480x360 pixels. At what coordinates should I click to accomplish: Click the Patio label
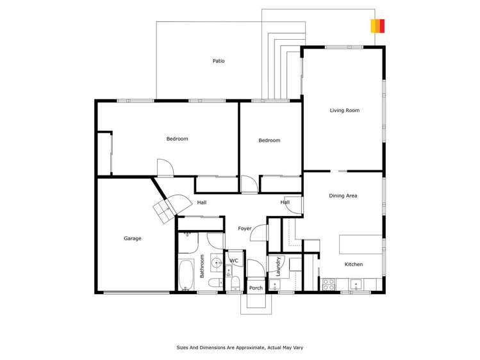pyautogui.click(x=219, y=61)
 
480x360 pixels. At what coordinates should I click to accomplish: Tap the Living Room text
pyautogui.click(x=344, y=110)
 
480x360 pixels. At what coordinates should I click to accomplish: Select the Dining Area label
pyautogui.click(x=343, y=195)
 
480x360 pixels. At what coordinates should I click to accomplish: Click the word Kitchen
pyautogui.click(x=353, y=264)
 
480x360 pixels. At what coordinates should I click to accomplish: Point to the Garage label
pyautogui.click(x=133, y=238)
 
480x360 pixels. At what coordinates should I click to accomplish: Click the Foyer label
pyautogui.click(x=244, y=228)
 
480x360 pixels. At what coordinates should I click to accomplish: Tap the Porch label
pyautogui.click(x=256, y=288)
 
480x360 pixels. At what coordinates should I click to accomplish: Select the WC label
pyautogui.click(x=234, y=261)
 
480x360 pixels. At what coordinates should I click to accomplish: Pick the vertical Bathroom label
pyautogui.click(x=202, y=266)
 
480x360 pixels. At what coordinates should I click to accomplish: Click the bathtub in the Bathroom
pyautogui.click(x=185, y=275)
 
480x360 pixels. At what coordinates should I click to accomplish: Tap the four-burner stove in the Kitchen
pyautogui.click(x=329, y=284)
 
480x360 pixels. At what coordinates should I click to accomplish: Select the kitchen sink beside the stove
pyautogui.click(x=355, y=284)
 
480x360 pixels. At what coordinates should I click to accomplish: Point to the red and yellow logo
pyautogui.click(x=377, y=26)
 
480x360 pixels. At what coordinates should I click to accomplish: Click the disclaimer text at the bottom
pyautogui.click(x=240, y=348)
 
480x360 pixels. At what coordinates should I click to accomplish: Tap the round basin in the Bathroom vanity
pyautogui.click(x=216, y=262)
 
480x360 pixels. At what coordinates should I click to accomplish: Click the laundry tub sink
pyautogui.click(x=274, y=284)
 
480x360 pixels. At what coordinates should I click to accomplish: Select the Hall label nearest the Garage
pyautogui.click(x=202, y=202)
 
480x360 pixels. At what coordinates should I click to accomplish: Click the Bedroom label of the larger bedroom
pyautogui.click(x=177, y=138)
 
